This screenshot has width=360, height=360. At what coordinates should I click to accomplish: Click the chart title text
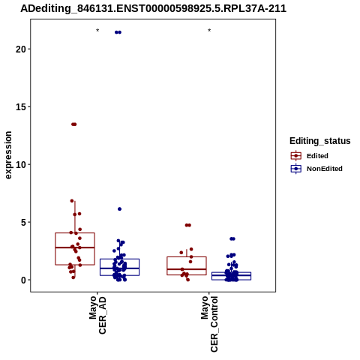[x=153, y=9]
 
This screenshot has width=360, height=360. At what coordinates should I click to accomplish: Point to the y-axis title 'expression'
[x=8, y=155]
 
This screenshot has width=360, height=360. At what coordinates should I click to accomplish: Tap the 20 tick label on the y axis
[x=21, y=49]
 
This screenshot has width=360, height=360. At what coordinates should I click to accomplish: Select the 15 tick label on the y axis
[x=21, y=107]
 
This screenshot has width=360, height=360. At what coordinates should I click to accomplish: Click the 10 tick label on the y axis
[x=21, y=165]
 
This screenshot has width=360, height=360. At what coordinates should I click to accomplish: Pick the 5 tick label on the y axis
[x=23, y=223]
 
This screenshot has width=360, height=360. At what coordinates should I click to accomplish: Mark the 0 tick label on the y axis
[x=23, y=280]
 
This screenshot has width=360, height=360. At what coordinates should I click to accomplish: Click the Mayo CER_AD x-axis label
[x=97, y=315]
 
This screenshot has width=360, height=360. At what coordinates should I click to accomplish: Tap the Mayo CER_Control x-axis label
[x=209, y=324]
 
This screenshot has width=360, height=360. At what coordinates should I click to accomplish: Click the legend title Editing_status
[x=320, y=141]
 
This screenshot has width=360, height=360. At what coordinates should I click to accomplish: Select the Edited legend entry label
[x=317, y=156]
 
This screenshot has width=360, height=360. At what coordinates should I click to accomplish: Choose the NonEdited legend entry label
[x=325, y=169]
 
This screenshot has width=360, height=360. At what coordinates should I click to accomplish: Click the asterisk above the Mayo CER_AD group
[x=97, y=31]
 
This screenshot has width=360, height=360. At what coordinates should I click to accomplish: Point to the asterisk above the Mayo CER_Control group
[x=209, y=31]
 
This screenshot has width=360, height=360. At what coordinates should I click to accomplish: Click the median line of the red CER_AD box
[x=75, y=247]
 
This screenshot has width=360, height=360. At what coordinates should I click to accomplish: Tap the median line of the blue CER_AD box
[x=119, y=268]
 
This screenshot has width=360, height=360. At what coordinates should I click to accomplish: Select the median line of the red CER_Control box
[x=187, y=269]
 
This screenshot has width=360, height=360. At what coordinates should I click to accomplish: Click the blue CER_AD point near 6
[x=119, y=209]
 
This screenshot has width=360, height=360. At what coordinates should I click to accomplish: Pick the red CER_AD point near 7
[x=72, y=201]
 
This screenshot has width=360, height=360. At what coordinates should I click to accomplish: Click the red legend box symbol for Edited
[x=296, y=156]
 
